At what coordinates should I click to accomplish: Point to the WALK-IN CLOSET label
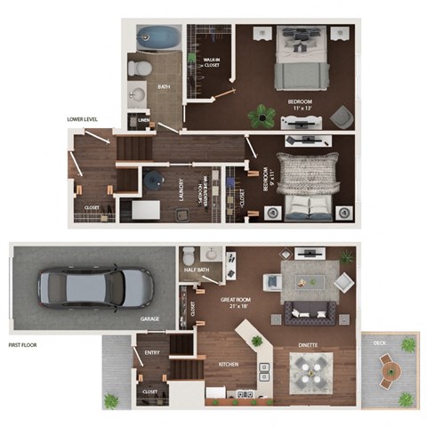[212, 62]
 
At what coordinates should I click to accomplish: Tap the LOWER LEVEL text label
[82, 118]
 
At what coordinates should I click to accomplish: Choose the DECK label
[380, 342]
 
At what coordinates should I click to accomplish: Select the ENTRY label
[151, 353]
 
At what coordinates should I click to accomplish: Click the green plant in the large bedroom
[261, 113]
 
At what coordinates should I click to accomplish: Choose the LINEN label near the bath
[144, 122]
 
